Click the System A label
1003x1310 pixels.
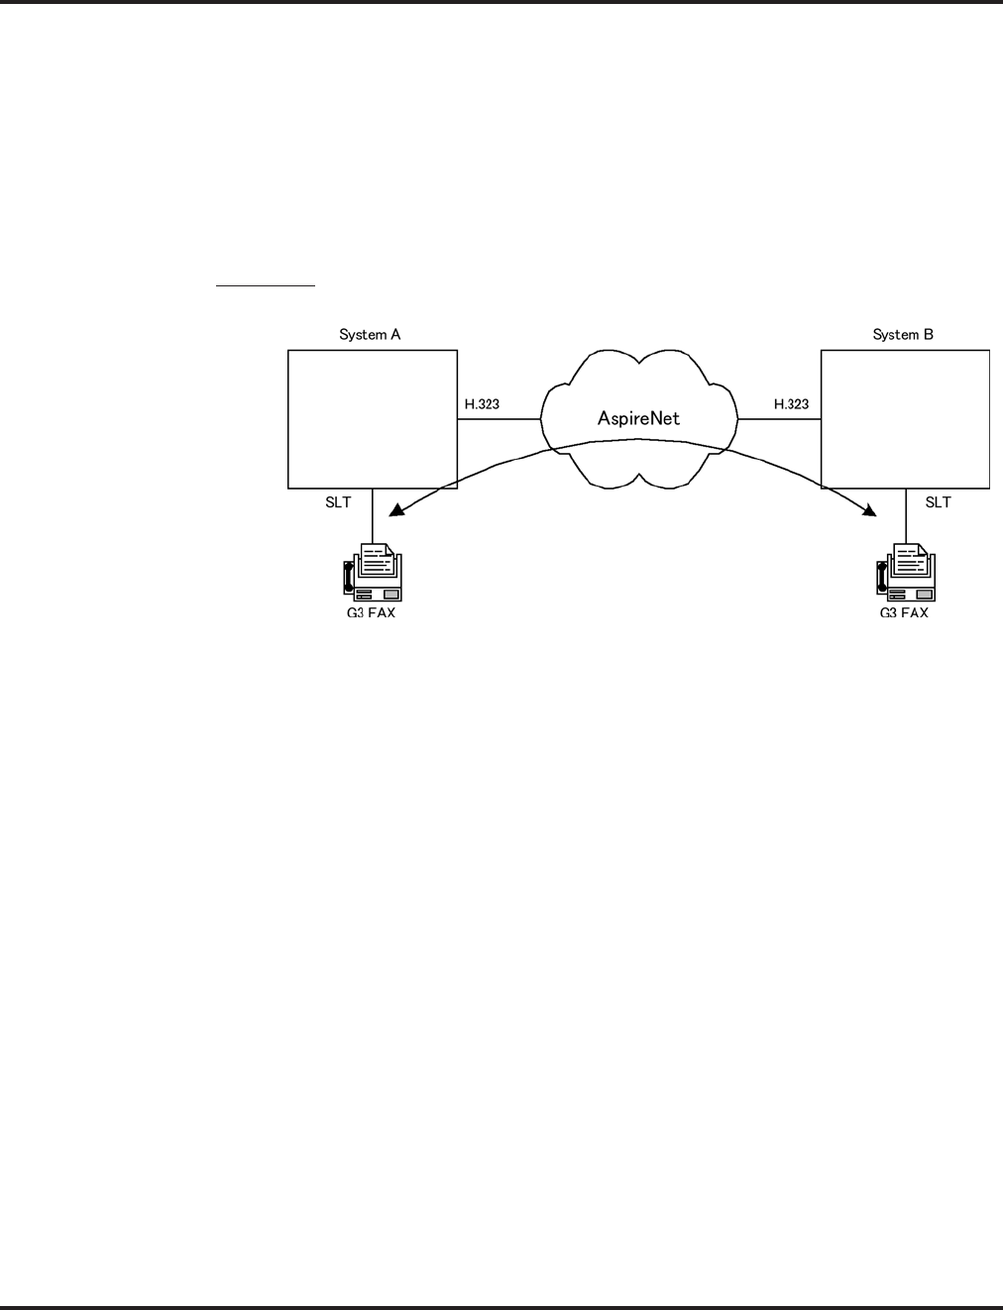pos(370,335)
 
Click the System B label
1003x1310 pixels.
pos(903,335)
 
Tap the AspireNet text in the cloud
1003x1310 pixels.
pos(638,418)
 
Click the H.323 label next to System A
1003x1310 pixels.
pos(482,404)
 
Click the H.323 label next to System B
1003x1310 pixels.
pos(791,404)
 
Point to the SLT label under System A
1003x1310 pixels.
pos(338,502)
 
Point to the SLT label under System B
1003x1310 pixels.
pos(938,502)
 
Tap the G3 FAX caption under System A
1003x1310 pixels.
pos(368,613)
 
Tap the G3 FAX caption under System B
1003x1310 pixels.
pos(904,613)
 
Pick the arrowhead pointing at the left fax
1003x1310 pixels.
pos(395,510)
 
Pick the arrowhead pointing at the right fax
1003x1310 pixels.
pos(870,511)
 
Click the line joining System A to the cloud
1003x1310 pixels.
pos(499,419)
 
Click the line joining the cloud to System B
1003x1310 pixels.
pos(779,419)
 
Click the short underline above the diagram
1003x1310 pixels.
pos(266,286)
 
